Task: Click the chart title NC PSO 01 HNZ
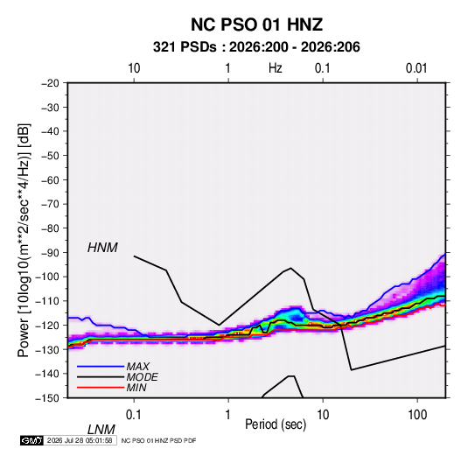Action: coord(256,25)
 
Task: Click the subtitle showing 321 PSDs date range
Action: coord(256,47)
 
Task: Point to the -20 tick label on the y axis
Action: coord(51,83)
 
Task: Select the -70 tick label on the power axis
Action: coord(51,204)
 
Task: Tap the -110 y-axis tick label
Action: coord(48,301)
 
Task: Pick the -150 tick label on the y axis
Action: coord(48,398)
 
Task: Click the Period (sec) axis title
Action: coord(276,424)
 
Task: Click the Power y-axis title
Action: coord(24,241)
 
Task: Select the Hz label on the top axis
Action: coord(276,68)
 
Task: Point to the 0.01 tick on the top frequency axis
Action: coord(416,68)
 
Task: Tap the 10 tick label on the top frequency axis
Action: coord(134,68)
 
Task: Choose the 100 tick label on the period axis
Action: coord(417,415)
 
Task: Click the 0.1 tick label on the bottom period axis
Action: coord(133,415)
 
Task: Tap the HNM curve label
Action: coord(102,248)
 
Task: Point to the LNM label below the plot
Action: coord(101,430)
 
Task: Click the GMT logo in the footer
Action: coord(31,440)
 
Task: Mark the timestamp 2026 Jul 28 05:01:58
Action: coord(80,440)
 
